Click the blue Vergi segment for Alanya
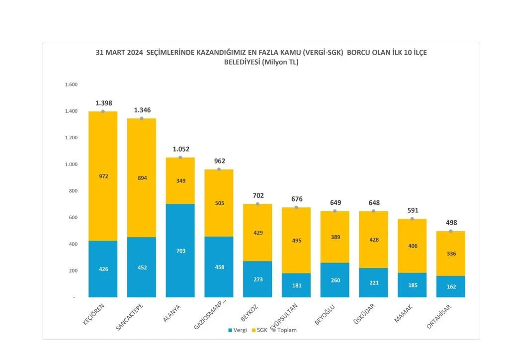tap(180, 251)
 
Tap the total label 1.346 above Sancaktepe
tap(142, 110)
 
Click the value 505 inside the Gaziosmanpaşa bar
tap(219, 203)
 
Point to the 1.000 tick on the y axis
tap(71, 165)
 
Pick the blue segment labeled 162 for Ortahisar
tap(451, 286)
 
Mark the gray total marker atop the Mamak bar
tap(412, 219)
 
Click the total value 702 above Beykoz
tap(258, 195)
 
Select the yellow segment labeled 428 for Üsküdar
tap(373, 240)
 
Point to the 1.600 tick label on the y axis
tap(71, 85)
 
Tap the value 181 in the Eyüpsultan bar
tap(297, 285)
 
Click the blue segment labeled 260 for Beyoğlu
tap(335, 280)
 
